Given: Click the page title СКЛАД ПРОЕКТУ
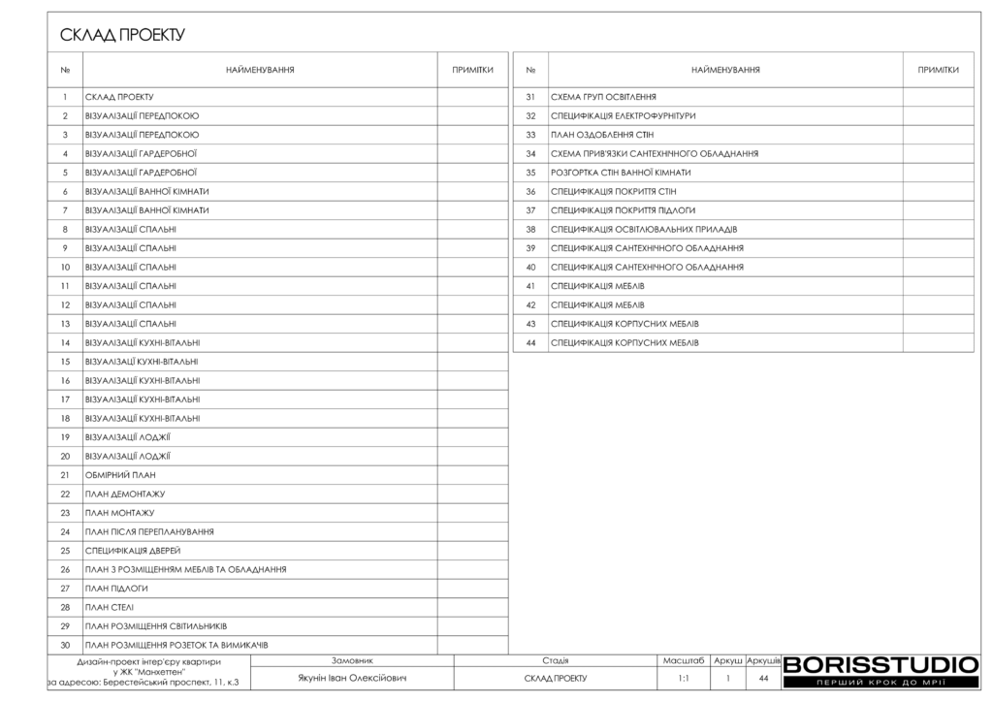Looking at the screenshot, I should (122, 36).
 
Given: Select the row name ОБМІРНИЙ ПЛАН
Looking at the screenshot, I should (121, 475).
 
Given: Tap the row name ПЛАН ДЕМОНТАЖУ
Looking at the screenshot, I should (125, 495).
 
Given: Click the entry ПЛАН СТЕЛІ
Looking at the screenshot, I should (110, 608).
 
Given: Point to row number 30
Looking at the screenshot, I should (65, 646).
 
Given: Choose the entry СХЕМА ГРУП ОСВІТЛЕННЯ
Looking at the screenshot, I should (603, 97).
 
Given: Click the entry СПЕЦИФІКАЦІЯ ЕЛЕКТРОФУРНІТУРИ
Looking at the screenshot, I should (623, 116).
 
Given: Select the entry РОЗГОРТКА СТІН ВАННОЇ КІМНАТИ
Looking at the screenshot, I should (621, 173).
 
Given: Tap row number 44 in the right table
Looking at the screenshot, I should (530, 343).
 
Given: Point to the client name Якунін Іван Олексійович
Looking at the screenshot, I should (352, 679).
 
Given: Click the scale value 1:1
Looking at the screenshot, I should (684, 679).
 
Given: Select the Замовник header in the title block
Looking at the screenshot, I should (352, 660).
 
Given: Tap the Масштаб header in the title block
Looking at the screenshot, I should (684, 660).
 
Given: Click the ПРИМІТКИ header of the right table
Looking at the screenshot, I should (938, 70).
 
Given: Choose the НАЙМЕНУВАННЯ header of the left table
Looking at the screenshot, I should (260, 70).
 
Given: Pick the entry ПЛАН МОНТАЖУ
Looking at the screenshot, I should (120, 513).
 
